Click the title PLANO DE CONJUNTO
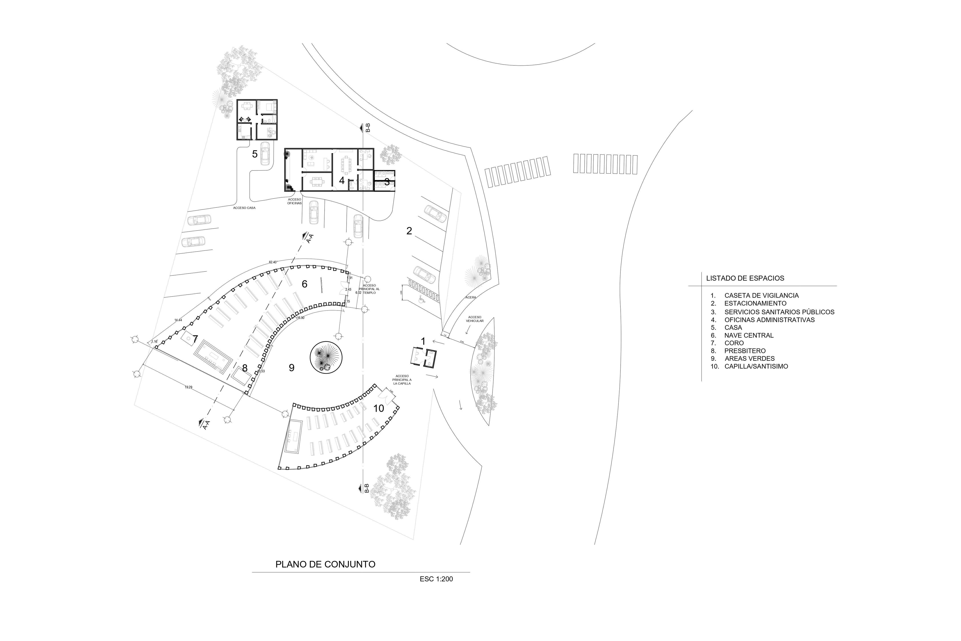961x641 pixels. pos(325,564)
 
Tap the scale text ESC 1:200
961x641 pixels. pos(436,579)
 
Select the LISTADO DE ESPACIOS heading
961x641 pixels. pos(745,278)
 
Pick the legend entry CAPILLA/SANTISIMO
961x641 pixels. pos(756,366)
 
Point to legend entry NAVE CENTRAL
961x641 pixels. pos(749,335)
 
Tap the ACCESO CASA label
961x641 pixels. pos(244,208)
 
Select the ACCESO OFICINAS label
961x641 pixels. pos(294,201)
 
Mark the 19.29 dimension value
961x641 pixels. pos(188,387)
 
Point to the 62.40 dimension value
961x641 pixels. pos(273,262)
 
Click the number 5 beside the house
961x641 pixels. pos(254,154)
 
